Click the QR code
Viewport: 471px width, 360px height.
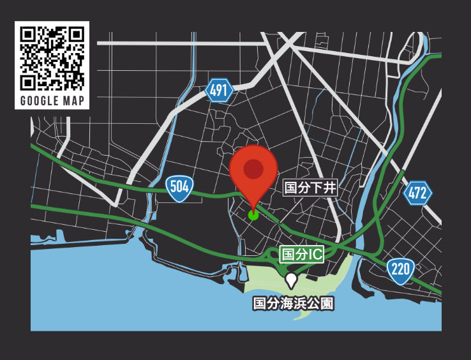[52, 58]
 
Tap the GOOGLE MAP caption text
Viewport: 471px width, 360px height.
[52, 101]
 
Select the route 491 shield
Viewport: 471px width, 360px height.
[219, 91]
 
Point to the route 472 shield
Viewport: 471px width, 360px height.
[417, 193]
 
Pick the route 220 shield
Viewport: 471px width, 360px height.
[400, 269]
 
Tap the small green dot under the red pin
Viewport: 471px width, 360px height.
[253, 215]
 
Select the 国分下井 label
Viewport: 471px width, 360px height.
[310, 188]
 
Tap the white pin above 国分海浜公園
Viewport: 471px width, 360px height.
[291, 280]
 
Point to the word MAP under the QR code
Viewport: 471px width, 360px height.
[75, 101]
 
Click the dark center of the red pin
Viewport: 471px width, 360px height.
[253, 169]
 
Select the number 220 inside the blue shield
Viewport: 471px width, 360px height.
[400, 268]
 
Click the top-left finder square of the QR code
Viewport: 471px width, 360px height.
[28, 34]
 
